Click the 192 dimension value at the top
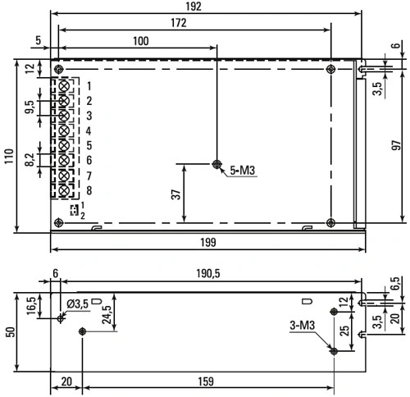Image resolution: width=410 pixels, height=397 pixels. (x=194, y=7)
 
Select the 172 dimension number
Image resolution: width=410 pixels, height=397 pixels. (x=179, y=23)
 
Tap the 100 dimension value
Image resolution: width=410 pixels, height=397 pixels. (x=141, y=41)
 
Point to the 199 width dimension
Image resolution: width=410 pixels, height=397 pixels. (x=208, y=242)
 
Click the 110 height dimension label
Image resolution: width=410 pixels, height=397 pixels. (x=9, y=156)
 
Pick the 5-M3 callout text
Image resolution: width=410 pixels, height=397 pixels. (x=243, y=171)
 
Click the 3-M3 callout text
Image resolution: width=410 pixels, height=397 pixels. (x=302, y=326)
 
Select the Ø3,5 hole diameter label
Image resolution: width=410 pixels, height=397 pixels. (x=78, y=303)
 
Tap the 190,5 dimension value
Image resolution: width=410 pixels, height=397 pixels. (x=208, y=273)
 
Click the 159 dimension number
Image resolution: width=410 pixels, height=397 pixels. (x=206, y=381)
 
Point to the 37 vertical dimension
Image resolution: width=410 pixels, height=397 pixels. (x=176, y=194)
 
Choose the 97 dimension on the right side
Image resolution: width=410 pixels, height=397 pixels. (x=396, y=145)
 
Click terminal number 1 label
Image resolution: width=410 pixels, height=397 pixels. (x=89, y=86)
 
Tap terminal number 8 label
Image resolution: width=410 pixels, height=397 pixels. (x=89, y=190)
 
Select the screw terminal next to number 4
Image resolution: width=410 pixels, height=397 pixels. (x=64, y=130)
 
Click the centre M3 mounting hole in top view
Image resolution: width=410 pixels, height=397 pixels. (x=216, y=164)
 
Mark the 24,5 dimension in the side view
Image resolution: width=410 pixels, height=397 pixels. (x=107, y=315)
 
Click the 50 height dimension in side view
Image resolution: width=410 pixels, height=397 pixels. (x=11, y=332)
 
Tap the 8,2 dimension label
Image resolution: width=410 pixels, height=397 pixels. (x=30, y=159)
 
